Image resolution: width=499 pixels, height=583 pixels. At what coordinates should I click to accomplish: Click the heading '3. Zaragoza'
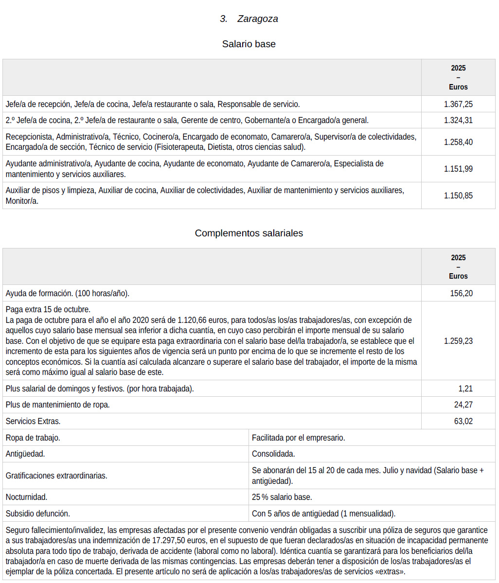point(249,19)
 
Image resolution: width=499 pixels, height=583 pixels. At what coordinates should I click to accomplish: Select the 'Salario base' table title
point(249,44)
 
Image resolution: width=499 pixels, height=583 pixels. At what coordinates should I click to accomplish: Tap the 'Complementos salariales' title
point(249,233)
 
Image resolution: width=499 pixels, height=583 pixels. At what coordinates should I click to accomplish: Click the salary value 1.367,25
point(458,104)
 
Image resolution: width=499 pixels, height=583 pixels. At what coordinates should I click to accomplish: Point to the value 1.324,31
point(458,120)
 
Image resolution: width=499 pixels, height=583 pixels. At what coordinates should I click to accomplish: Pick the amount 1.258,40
point(458,142)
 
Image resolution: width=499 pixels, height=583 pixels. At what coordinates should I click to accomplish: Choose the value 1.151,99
point(458,169)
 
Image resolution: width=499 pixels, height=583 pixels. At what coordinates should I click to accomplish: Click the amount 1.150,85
point(458,195)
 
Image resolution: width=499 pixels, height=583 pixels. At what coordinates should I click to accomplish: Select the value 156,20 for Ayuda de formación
point(461,293)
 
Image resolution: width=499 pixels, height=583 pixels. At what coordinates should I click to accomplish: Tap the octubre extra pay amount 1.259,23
point(458,341)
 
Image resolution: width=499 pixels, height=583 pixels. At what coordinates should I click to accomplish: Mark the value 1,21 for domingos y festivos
point(465,389)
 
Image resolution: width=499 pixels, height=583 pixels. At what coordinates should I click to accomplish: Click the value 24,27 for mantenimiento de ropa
point(463,405)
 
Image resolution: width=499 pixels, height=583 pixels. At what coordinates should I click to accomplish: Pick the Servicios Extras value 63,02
point(463,421)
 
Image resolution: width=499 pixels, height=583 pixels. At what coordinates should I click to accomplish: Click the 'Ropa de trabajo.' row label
point(33,438)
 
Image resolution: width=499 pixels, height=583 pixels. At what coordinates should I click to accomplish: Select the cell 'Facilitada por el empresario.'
point(298,438)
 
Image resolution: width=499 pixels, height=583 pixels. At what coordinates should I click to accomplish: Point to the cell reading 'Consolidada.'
point(273,454)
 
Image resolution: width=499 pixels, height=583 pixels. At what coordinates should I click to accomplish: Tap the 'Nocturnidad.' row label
point(27,497)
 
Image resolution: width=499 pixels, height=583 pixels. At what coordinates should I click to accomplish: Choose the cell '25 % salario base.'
point(282,497)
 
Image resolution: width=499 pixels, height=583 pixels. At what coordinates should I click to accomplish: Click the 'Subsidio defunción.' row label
point(38,513)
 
